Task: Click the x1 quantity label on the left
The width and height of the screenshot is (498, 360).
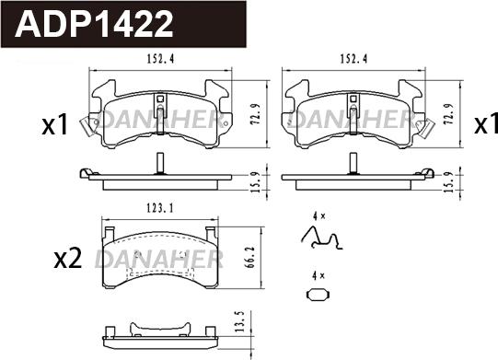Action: tap(55, 124)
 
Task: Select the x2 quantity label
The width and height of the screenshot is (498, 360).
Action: tap(68, 260)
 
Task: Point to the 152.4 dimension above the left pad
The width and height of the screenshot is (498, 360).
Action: tap(162, 60)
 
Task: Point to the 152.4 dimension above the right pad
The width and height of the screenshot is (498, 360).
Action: tap(355, 60)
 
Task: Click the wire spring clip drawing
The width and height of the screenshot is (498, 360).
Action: tap(321, 238)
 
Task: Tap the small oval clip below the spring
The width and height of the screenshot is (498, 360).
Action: tap(318, 296)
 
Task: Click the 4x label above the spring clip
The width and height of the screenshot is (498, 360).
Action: tap(319, 215)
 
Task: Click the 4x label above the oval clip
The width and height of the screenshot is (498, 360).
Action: tap(318, 274)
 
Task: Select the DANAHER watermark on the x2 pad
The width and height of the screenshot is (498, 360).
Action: tap(160, 257)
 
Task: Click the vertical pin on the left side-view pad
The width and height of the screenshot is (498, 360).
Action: tap(159, 164)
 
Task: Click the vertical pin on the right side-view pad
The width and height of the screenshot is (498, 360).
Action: tap(353, 164)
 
